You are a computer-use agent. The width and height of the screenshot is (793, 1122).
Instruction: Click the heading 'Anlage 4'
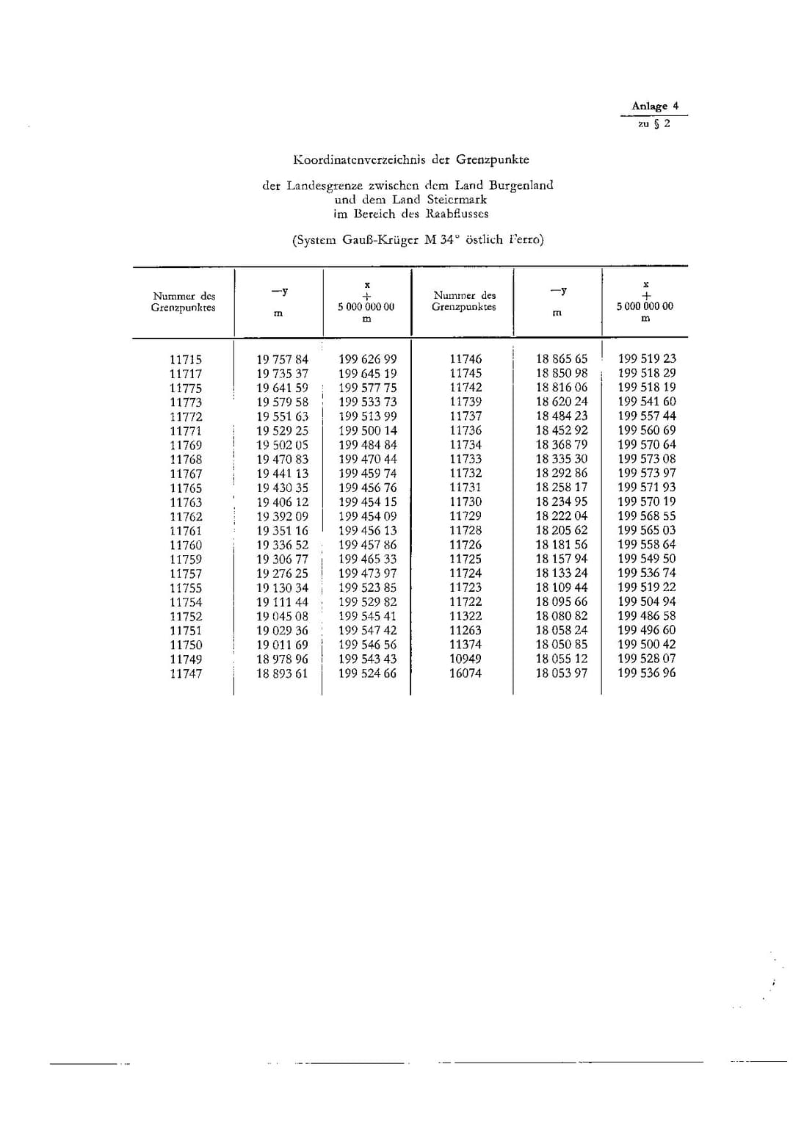pyautogui.click(x=655, y=106)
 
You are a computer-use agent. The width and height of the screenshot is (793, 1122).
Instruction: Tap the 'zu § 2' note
pyautogui.click(x=653, y=123)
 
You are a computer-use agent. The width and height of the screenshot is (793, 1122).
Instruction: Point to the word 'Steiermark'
pyautogui.click(x=457, y=199)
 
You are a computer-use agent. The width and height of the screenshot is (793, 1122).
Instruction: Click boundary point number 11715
pyautogui.click(x=186, y=360)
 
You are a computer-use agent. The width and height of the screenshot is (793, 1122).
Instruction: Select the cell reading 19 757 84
pyautogui.click(x=283, y=360)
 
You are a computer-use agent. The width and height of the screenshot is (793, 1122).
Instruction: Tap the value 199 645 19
pyautogui.click(x=367, y=374)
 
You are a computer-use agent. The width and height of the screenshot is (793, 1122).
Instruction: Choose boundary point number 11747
pyautogui.click(x=186, y=673)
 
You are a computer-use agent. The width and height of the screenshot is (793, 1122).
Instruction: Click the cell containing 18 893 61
pyautogui.click(x=283, y=673)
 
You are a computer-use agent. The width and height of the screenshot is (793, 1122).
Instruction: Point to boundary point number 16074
pyautogui.click(x=466, y=673)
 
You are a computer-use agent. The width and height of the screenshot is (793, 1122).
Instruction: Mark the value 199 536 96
pyautogui.click(x=646, y=673)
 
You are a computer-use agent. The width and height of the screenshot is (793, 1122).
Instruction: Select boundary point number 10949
pyautogui.click(x=466, y=659)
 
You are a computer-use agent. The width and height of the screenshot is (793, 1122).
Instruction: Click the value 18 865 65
pyautogui.click(x=562, y=359)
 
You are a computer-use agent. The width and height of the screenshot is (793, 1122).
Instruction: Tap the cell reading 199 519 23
pyautogui.click(x=646, y=359)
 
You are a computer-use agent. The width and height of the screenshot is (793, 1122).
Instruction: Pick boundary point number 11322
pyautogui.click(x=466, y=616)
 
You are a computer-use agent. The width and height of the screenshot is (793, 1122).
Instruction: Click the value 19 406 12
pyautogui.click(x=283, y=502)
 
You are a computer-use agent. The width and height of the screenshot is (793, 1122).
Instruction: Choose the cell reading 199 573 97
pyautogui.click(x=646, y=473)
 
